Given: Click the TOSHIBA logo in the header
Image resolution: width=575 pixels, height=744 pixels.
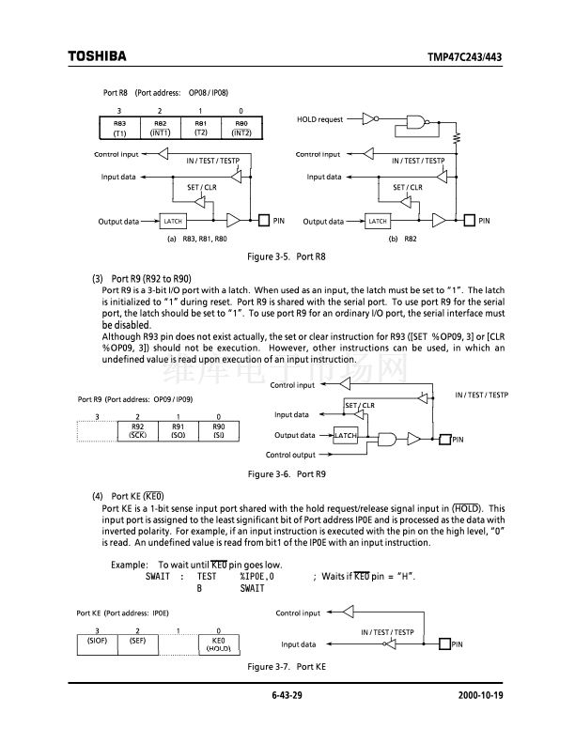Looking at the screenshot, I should click(x=96, y=56).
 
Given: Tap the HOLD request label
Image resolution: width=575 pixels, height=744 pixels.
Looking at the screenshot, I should click(x=319, y=119).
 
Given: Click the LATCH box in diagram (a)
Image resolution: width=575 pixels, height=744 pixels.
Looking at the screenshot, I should click(x=173, y=221).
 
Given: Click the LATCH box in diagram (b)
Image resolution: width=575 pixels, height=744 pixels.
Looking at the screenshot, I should click(x=378, y=221).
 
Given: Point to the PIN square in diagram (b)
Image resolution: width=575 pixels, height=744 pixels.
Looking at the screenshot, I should click(x=471, y=221).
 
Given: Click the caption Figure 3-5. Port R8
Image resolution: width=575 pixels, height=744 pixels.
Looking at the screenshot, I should click(x=287, y=256).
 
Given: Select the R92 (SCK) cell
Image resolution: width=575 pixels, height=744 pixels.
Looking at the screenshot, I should click(x=137, y=430).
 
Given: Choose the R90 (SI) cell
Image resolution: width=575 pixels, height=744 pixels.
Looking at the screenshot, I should click(x=218, y=430).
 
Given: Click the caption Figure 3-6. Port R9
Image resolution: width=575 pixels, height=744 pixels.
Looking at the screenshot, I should click(x=287, y=473).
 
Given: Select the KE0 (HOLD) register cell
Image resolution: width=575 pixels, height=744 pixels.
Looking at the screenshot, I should click(x=218, y=643).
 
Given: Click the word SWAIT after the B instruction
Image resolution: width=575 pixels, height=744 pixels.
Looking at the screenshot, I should click(x=252, y=588).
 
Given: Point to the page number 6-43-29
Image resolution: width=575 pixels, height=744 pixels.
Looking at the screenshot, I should click(x=287, y=696).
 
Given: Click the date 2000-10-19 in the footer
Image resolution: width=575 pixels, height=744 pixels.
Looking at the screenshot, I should click(x=482, y=696).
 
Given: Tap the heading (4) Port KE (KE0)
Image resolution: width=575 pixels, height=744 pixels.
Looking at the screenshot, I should click(x=128, y=496).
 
